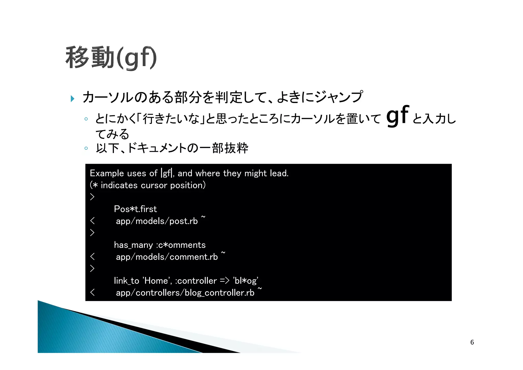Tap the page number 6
click(472, 342)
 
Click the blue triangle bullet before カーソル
click(73, 98)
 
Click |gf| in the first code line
click(167, 173)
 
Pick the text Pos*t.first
click(135, 209)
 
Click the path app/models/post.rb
click(157, 221)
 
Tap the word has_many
click(133, 245)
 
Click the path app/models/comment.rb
click(167, 257)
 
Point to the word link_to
click(126, 281)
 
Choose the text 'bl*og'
click(245, 281)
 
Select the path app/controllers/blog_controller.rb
click(185, 293)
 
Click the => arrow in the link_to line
click(224, 281)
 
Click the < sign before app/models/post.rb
click(92, 221)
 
